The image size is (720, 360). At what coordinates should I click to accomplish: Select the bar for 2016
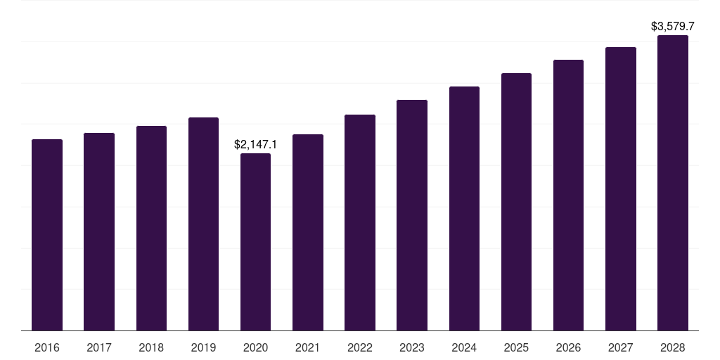click(47, 235)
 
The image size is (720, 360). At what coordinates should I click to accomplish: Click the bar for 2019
click(203, 224)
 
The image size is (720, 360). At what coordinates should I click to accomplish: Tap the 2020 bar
click(255, 242)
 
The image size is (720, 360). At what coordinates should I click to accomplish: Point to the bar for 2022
click(360, 223)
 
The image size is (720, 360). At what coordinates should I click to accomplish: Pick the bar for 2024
click(464, 208)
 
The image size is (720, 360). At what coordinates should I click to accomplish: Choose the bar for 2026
click(568, 195)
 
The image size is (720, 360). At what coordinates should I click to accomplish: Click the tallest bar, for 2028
click(673, 183)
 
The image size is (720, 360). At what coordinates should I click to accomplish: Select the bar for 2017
click(99, 232)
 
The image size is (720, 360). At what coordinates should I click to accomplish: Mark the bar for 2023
click(412, 215)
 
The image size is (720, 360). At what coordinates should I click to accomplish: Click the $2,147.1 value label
click(255, 144)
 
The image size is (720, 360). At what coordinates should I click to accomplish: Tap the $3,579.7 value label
click(673, 26)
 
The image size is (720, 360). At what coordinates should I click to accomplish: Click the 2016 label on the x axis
click(47, 347)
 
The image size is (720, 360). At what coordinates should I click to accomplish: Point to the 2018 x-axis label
click(151, 347)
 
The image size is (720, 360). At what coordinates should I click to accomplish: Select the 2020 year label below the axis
click(255, 347)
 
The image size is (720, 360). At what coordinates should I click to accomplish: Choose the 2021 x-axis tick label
click(308, 347)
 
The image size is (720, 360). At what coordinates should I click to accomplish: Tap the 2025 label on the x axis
click(516, 347)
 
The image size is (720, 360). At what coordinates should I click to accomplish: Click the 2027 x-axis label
click(620, 347)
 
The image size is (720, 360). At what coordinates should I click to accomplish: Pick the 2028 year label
click(673, 347)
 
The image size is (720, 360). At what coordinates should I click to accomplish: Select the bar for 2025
click(516, 202)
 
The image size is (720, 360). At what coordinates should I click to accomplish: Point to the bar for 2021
click(308, 232)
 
